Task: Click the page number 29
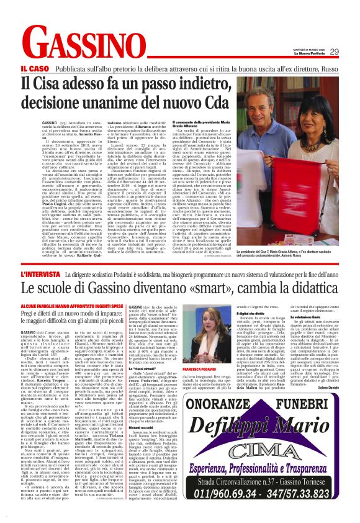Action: [334, 52]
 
